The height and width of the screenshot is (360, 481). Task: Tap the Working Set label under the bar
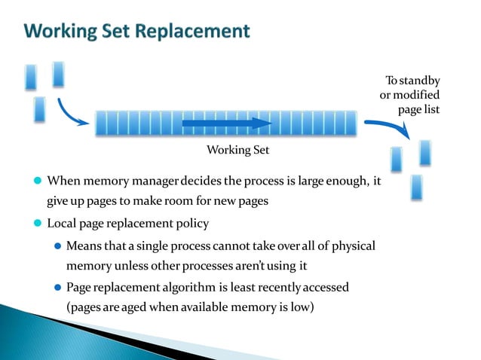point(237,150)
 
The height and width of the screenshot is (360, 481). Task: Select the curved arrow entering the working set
point(71,111)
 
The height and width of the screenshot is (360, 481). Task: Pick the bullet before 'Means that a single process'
point(58,246)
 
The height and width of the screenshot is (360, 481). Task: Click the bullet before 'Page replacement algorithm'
point(58,288)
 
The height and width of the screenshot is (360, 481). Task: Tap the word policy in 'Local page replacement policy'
point(191,224)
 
